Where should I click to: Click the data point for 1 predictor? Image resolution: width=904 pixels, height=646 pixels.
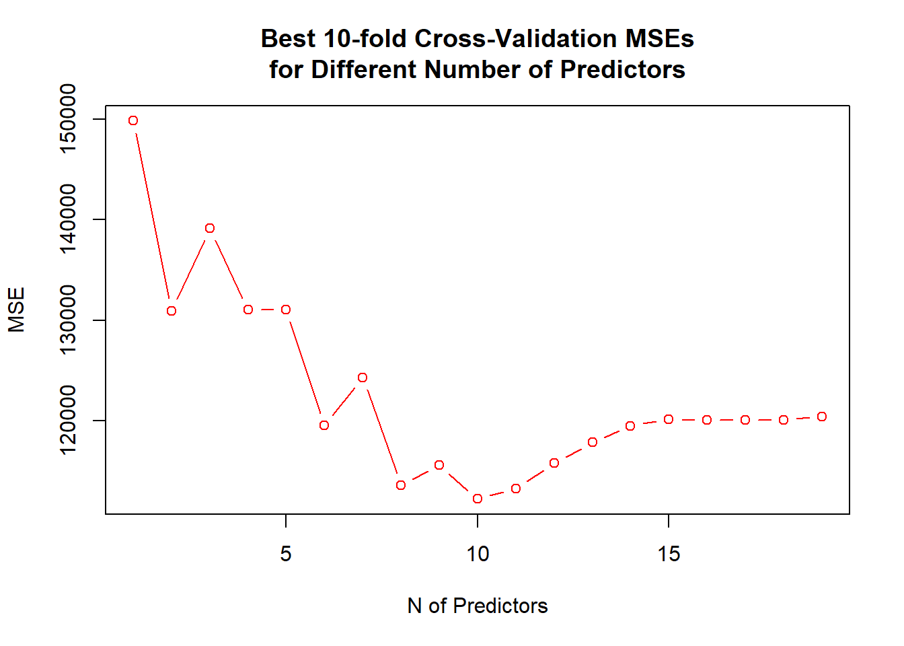click(x=133, y=120)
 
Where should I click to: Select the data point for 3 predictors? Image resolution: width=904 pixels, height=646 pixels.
click(x=210, y=228)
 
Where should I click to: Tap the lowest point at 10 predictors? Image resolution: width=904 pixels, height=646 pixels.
click(x=478, y=499)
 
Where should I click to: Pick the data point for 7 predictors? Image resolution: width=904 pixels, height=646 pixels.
click(x=363, y=378)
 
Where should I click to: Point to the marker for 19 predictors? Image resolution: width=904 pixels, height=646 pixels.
click(x=822, y=417)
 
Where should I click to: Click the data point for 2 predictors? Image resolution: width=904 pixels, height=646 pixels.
click(x=172, y=311)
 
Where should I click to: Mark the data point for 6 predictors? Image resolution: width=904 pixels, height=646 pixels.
click(x=324, y=425)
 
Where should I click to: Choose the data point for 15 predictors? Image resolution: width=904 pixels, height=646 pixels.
click(x=669, y=419)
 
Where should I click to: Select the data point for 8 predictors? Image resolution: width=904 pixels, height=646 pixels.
click(x=401, y=485)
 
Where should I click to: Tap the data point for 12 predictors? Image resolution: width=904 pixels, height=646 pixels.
click(x=554, y=463)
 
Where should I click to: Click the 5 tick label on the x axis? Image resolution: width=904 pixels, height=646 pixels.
click(x=286, y=554)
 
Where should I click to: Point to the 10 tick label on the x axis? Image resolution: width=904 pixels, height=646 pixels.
click(x=478, y=554)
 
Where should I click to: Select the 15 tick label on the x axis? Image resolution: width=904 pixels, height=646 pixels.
click(x=669, y=554)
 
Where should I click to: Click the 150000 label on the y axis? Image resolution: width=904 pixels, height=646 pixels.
click(x=69, y=119)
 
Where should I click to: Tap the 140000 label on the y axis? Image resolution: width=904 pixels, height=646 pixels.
click(x=69, y=219)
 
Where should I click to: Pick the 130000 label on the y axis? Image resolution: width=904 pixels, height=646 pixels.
click(x=69, y=320)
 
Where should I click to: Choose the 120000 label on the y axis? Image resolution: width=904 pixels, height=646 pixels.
click(x=69, y=421)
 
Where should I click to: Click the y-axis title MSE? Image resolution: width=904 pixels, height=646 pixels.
click(x=17, y=310)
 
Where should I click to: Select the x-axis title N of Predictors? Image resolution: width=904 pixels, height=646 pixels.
click(x=478, y=606)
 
